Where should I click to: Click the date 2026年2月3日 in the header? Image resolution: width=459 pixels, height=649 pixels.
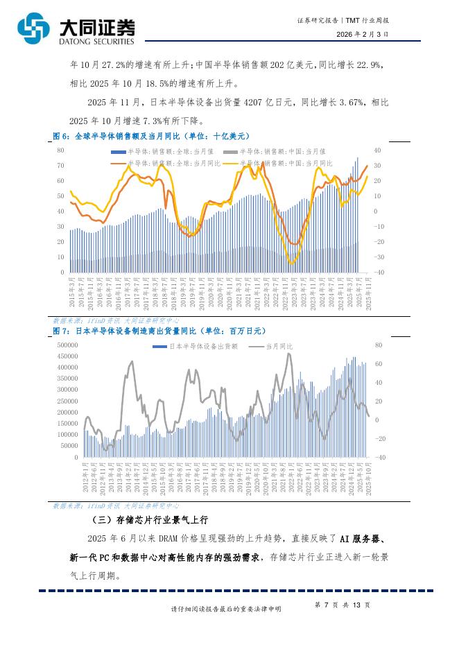(363, 33)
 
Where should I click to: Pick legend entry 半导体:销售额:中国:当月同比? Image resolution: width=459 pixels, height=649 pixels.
(285, 162)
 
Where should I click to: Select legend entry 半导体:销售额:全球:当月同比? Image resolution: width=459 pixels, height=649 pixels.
(164, 162)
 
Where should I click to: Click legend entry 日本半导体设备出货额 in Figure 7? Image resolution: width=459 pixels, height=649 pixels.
(201, 346)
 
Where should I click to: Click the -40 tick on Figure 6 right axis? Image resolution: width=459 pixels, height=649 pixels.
(379, 272)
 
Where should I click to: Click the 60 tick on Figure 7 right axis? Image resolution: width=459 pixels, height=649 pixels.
(379, 363)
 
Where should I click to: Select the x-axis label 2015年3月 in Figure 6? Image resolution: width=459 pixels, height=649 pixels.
(72, 287)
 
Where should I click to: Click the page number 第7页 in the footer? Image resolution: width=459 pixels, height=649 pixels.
(327, 605)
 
